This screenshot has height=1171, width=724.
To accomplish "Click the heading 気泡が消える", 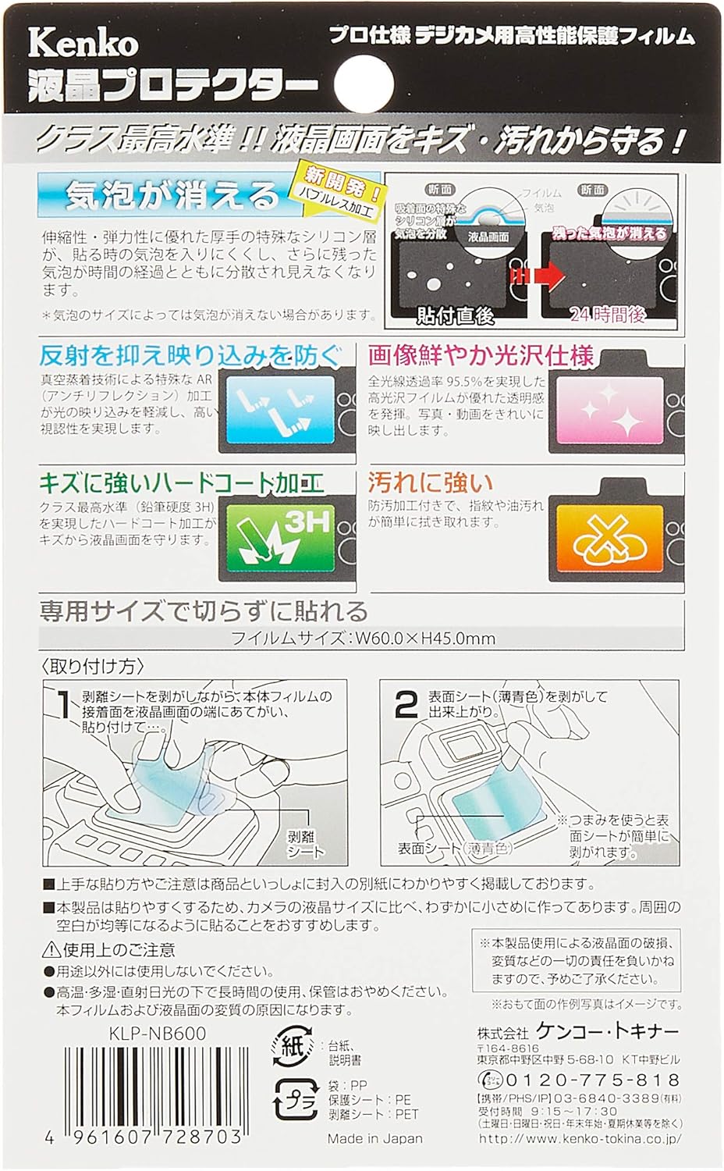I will click(172, 195).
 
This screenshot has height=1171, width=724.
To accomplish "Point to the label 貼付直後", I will click(456, 315).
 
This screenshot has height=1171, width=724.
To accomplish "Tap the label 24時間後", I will click(608, 315).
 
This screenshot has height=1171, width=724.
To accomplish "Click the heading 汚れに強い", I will click(431, 483).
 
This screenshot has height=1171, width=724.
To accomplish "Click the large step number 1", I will click(64, 705).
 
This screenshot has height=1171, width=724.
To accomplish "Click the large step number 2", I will click(406, 705).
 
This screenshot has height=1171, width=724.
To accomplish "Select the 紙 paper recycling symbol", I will click(291, 1047).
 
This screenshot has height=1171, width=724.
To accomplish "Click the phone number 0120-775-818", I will click(593, 1080).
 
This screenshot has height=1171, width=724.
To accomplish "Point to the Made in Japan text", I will click(374, 1138).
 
